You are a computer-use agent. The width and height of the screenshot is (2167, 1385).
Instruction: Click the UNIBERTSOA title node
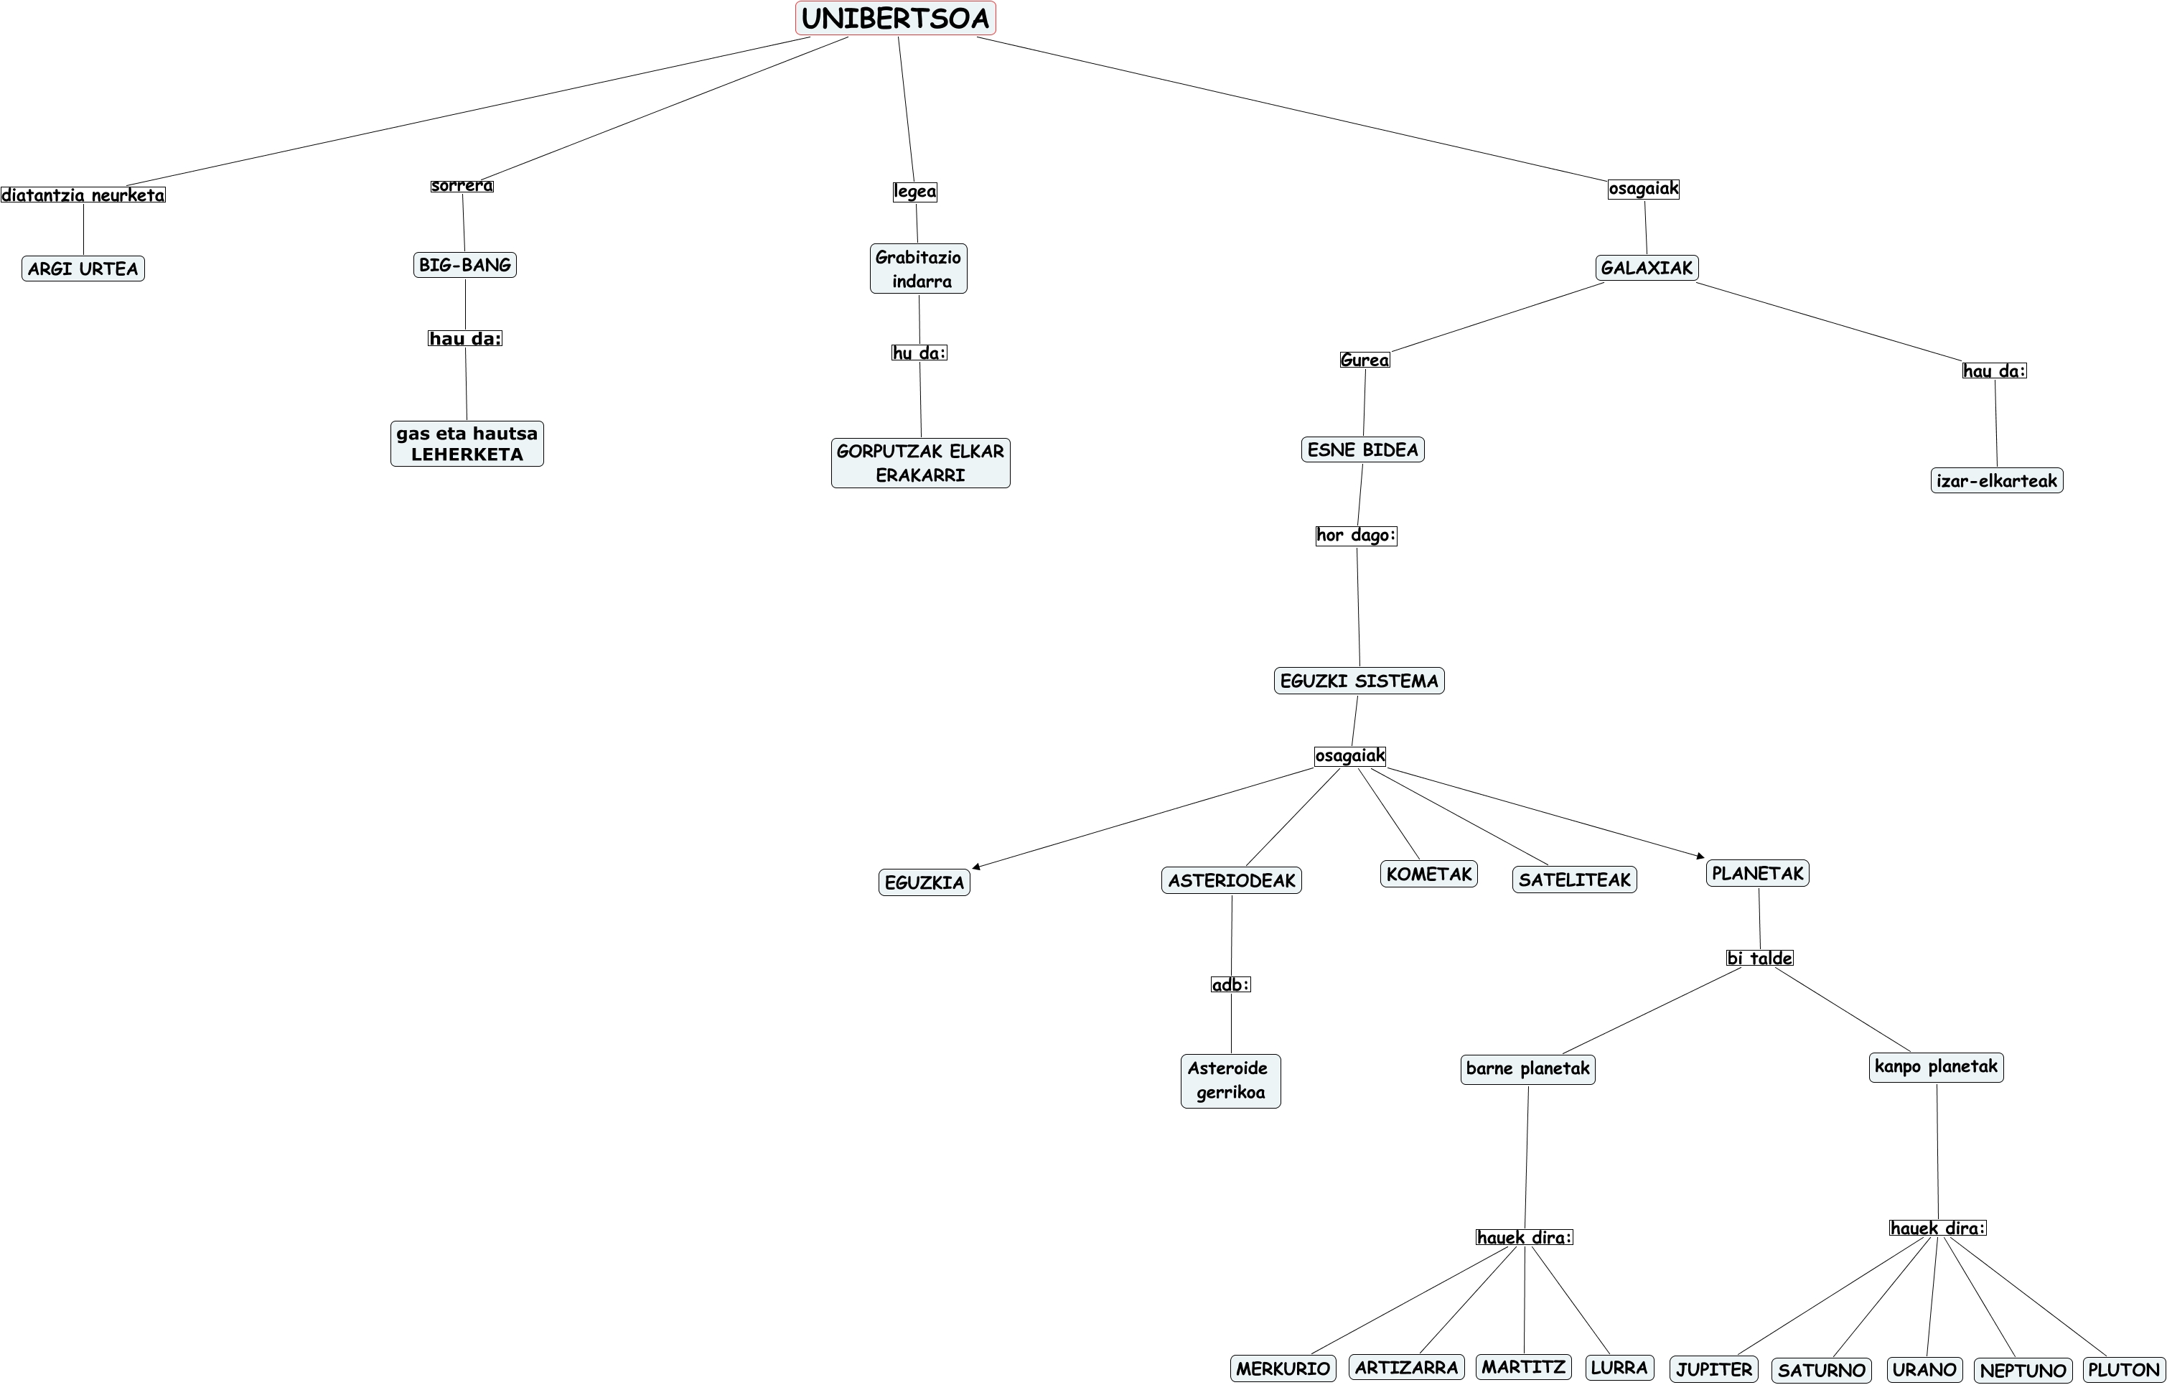[895, 18]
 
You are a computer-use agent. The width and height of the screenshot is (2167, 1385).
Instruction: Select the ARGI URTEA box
[83, 269]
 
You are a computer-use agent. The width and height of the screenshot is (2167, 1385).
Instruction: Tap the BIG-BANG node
[464, 265]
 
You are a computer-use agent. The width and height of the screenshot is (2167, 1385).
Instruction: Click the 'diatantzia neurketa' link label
[83, 195]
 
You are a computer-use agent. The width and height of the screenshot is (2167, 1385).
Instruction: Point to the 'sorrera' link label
[462, 185]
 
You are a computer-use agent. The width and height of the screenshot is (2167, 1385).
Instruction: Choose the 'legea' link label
[914, 191]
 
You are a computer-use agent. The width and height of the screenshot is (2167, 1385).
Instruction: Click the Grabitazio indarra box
[918, 269]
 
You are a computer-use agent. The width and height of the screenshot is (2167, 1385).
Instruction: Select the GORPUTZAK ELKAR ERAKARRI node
[919, 462]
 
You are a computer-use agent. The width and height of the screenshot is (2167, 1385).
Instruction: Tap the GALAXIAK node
[1647, 267]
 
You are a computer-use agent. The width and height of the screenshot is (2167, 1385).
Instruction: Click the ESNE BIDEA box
[1362, 449]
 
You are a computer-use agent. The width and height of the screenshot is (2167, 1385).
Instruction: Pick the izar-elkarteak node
[1996, 480]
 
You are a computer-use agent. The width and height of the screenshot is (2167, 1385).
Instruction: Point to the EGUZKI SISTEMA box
[1359, 681]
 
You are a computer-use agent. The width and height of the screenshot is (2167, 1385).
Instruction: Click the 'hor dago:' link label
[1355, 535]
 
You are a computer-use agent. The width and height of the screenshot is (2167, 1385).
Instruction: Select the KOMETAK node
[1428, 873]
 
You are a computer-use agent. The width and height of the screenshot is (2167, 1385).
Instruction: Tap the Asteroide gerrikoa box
[1230, 1080]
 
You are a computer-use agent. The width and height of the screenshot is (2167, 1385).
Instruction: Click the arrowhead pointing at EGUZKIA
[976, 867]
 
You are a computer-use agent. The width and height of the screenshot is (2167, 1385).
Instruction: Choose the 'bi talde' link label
[1759, 958]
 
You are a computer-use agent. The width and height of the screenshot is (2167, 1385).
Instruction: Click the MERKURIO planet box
[1283, 1368]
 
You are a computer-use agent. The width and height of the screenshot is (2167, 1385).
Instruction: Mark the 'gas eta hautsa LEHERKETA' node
[466, 444]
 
